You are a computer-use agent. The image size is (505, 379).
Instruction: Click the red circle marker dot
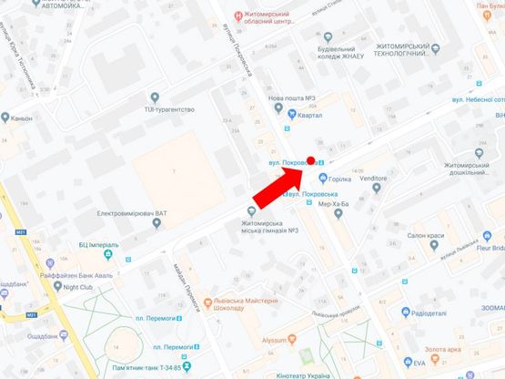pos(310,160)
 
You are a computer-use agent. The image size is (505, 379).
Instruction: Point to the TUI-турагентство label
pos(170,108)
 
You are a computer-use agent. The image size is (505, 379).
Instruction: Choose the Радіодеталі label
pos(429,313)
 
